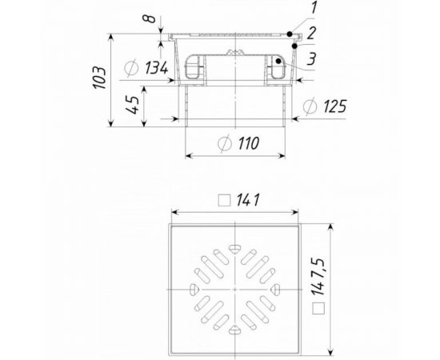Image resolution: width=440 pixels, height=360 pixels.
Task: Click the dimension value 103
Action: tap(100, 78)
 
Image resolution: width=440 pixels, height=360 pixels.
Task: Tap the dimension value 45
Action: tap(132, 106)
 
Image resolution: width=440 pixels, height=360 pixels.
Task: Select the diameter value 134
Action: tap(156, 68)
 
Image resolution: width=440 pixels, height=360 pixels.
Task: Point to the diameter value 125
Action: tap(335, 106)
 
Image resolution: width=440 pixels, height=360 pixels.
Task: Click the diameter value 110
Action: tap(249, 143)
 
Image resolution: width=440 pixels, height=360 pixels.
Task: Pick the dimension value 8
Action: tap(149, 18)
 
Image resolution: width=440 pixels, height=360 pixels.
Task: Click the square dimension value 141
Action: tap(248, 200)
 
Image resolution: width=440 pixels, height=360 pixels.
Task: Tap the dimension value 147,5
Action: tap(318, 277)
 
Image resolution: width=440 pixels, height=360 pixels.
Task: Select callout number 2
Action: tap(311, 34)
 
